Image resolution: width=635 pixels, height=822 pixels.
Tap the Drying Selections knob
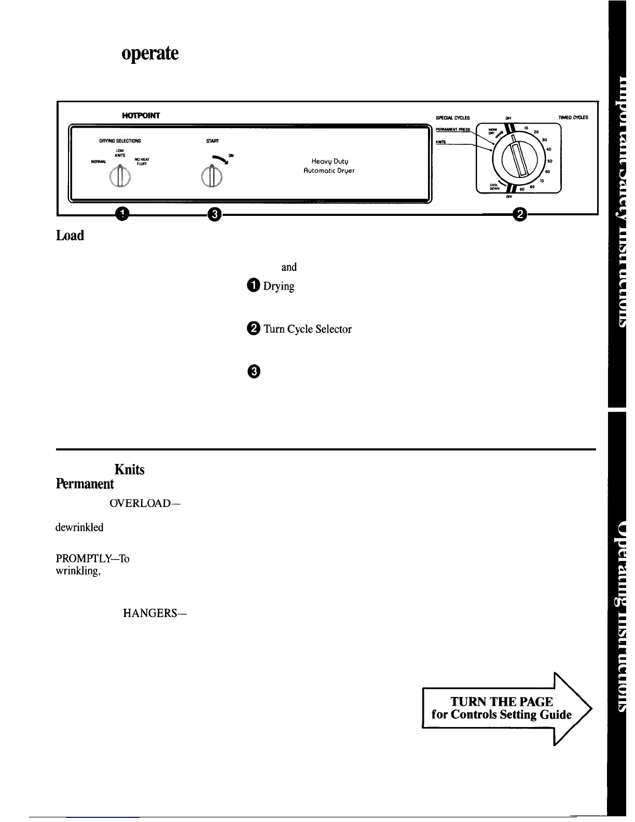tap(120, 177)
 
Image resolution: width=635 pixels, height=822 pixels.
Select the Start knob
tap(212, 177)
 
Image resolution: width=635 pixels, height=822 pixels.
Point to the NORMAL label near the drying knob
tap(99, 161)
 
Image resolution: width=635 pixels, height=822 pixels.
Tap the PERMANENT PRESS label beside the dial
tap(453, 130)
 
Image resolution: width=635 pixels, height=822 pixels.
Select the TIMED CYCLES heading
tap(573, 118)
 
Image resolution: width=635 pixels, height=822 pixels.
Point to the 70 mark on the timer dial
tap(541, 181)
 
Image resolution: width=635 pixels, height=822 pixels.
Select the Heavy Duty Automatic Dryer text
tap(333, 166)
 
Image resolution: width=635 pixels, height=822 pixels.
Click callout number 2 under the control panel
tap(519, 213)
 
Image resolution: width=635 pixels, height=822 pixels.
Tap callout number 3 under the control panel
tap(214, 213)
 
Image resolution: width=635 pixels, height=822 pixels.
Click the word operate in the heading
tap(150, 54)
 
